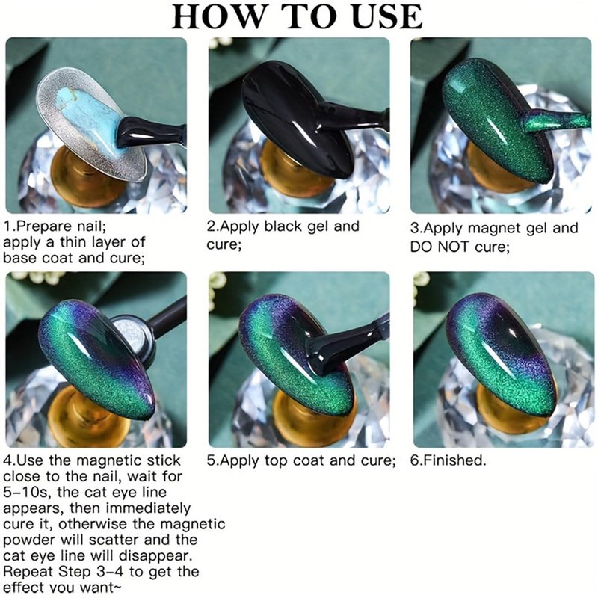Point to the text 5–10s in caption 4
(x=26, y=493)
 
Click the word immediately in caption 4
(x=148, y=509)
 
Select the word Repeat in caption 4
(x=28, y=573)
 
